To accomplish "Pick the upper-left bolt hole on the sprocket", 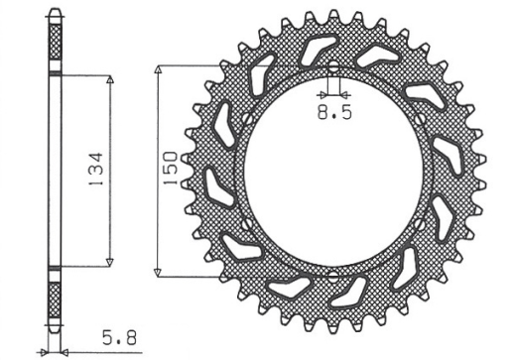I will click(248, 123).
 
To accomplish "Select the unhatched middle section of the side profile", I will click(55, 172).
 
